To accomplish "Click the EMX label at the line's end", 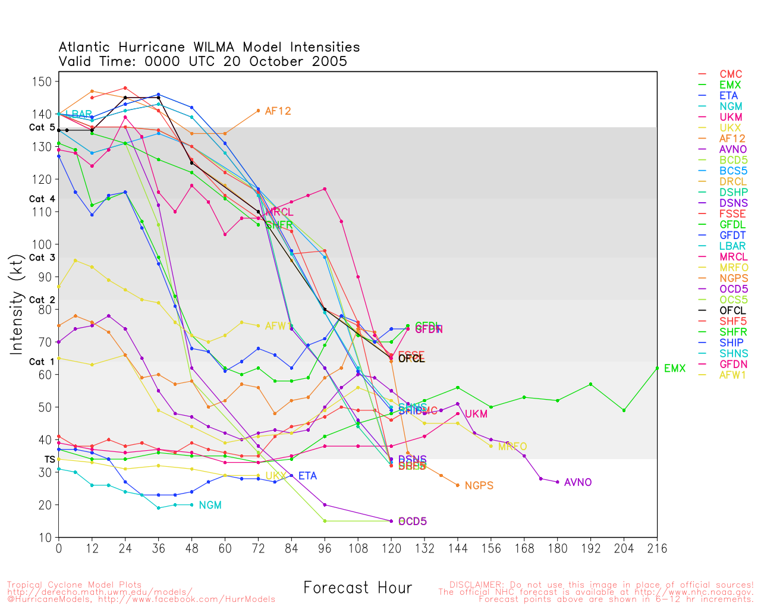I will pos(674,369).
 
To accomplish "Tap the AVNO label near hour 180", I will pos(578,482).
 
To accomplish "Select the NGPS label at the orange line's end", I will pos(479,486).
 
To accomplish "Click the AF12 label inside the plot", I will pos(278,111).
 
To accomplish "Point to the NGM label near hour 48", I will pos(210,506).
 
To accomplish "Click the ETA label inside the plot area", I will pos(307,476).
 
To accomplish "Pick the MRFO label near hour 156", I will pos(512,447).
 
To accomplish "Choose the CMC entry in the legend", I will pos(731,74).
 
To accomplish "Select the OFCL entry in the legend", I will pos(732,310).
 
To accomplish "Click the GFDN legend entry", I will pos(733,364).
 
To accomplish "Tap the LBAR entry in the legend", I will pos(732,246).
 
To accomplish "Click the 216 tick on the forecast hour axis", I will pos(657,548).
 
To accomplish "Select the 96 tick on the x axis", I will pos(325,548).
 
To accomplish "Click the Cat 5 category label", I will pos(42,128).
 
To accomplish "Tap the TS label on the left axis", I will pos(49,460).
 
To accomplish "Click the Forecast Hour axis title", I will pos(357,588).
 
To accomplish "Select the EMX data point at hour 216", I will pos(657,368).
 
